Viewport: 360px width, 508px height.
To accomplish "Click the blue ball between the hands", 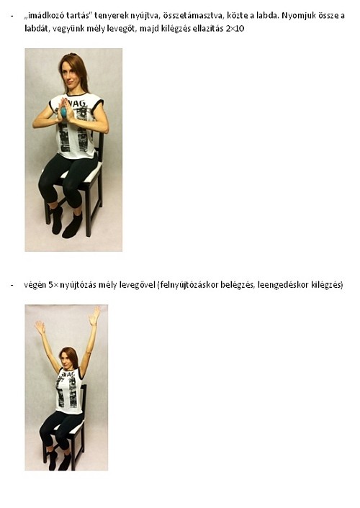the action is pos(64,112).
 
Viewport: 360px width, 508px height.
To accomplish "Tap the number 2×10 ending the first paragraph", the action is pos(235,28).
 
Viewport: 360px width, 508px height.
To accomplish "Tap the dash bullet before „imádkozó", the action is pos(12,16).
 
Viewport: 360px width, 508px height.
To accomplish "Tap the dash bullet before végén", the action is pos(12,285).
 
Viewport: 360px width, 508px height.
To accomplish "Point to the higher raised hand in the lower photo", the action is pos(95,316).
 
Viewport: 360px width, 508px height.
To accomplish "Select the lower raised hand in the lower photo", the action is pos(40,327).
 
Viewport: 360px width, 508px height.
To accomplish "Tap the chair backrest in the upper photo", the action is pos(100,148).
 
